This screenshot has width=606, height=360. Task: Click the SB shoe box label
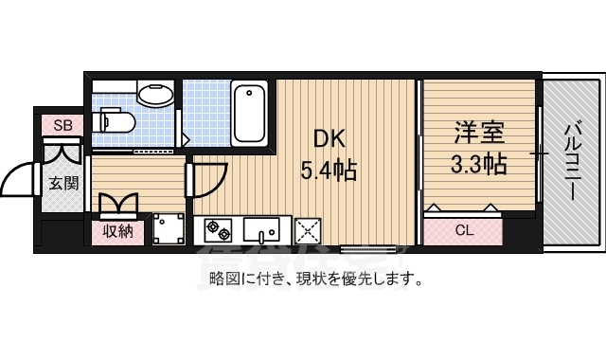62,125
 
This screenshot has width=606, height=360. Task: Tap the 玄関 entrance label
62,183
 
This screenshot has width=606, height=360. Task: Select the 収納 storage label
117,230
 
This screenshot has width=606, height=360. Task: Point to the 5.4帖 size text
328,171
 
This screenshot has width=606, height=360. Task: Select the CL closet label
464,230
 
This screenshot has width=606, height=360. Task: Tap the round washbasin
154,94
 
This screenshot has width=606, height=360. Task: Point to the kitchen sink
260,229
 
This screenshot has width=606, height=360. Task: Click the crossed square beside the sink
308,230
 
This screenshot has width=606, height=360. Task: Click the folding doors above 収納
118,204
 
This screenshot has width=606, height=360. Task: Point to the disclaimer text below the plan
315,279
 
